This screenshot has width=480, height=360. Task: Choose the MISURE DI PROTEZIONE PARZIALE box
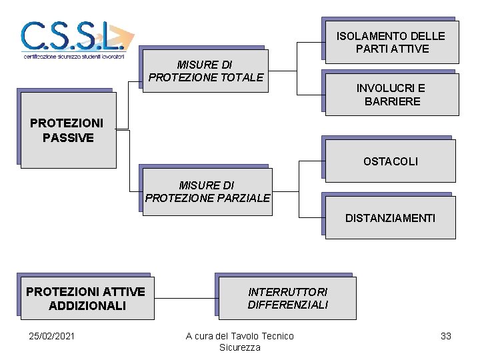click(207, 191)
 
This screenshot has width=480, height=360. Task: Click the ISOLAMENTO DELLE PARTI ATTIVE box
click(391, 42)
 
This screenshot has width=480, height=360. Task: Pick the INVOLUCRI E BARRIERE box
click(391, 95)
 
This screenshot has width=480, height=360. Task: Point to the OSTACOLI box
click(390, 161)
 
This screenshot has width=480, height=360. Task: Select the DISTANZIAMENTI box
click(389, 218)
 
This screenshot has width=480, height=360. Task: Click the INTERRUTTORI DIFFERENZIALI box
click(287, 298)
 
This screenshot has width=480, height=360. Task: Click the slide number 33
click(446, 336)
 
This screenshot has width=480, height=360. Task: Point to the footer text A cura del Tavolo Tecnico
click(239, 336)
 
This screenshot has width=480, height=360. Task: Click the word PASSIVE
click(68, 138)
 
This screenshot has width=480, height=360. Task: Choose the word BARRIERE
click(392, 101)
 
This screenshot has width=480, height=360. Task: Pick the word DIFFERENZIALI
click(287, 305)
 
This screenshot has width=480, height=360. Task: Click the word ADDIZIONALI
click(87, 305)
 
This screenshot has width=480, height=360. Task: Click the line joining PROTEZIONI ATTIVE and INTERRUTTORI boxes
click(185, 297)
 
